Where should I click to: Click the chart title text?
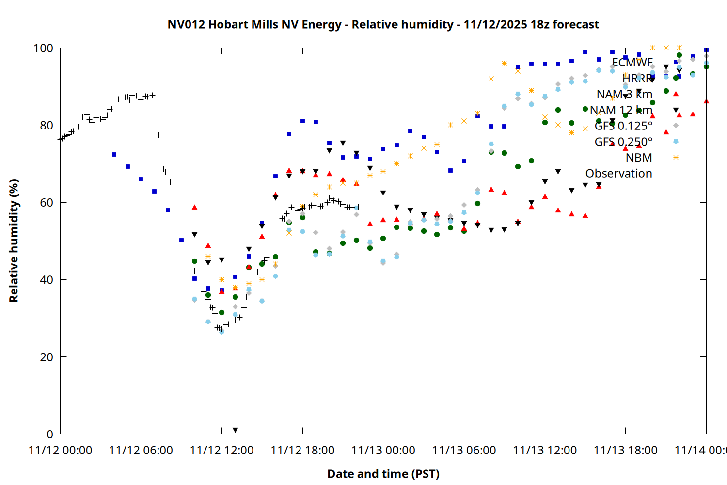[383, 24]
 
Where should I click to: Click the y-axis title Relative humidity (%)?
[14, 241]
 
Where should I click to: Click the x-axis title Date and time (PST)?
[383, 474]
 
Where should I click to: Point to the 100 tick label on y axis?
[43, 48]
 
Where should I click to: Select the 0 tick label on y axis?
[49, 434]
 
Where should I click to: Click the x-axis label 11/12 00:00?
[60, 450]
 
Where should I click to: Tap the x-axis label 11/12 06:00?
[141, 450]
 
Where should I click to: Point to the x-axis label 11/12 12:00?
[221, 450]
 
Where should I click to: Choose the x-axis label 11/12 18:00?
[302, 450]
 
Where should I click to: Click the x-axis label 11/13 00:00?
[383, 450]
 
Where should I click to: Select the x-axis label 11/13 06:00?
[464, 450]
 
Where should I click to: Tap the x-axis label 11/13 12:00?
[545, 450]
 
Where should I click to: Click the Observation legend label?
[618, 173]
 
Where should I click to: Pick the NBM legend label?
[638, 158]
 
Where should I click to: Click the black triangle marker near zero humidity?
[235, 430]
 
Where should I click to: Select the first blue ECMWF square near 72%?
[114, 155]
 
